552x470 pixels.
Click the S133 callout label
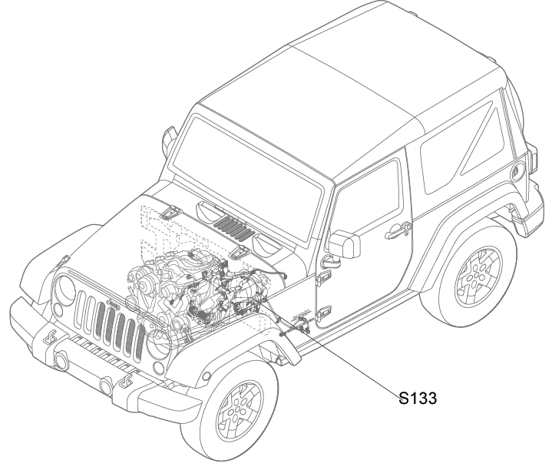pos(418,398)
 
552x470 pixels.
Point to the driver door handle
pos(398,230)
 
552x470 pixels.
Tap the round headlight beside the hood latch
pos(65,287)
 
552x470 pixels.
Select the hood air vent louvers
pos(234,229)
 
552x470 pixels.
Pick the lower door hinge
pos(323,313)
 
